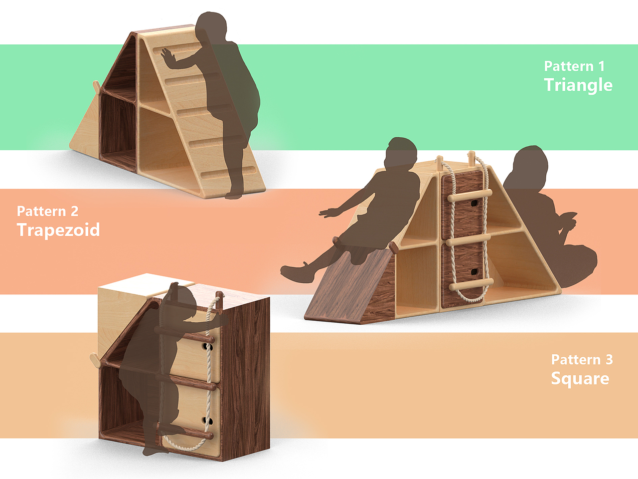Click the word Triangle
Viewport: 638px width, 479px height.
coord(578,85)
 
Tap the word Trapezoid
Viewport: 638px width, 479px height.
coord(58,230)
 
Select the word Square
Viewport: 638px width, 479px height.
coord(580,378)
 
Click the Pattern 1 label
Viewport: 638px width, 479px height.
coord(574,66)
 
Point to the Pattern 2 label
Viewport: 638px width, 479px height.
coord(48,211)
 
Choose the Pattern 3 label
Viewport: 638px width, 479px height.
coord(582,360)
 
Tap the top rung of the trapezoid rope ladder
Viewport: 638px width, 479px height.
coord(470,196)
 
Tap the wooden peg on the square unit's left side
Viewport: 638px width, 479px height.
coord(95,360)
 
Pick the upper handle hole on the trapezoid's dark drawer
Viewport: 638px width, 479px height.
coord(474,203)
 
